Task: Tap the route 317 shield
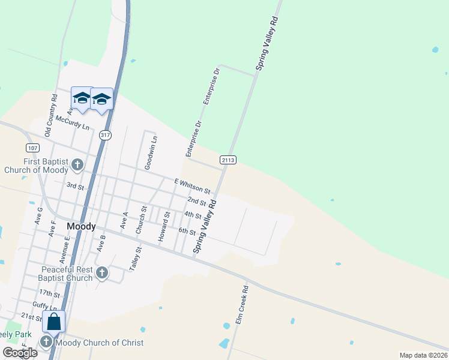pyautogui.click(x=106, y=135)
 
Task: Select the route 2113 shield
pyautogui.click(x=228, y=160)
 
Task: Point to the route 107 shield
pyautogui.click(x=33, y=148)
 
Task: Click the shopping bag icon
pyautogui.click(x=53, y=322)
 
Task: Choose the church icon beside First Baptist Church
pyautogui.click(x=77, y=164)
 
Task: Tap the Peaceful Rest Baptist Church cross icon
pyautogui.click(x=102, y=274)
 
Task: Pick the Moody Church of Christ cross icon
pyautogui.click(x=47, y=343)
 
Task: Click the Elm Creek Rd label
pyautogui.click(x=242, y=305)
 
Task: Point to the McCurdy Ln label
pyautogui.click(x=72, y=123)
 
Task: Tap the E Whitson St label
pyautogui.click(x=191, y=185)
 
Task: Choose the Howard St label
pyautogui.click(x=164, y=227)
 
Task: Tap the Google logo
pyautogui.click(x=20, y=353)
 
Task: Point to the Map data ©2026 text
pyautogui.click(x=423, y=355)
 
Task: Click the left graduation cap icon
pyautogui.click(x=81, y=98)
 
